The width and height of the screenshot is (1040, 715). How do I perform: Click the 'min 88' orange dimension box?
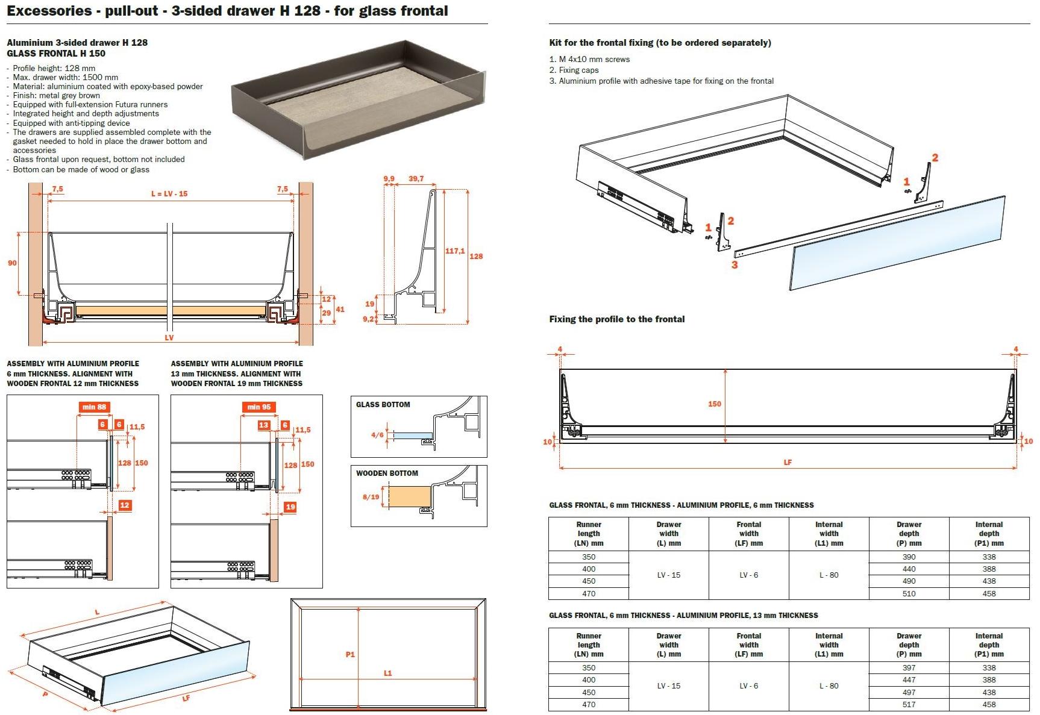94,407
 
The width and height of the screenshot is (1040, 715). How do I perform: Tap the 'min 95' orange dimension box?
258,407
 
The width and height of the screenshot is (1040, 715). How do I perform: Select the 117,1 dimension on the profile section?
454,251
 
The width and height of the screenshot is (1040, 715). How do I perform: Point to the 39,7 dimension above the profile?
416,179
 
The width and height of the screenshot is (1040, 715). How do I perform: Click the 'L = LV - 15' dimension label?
169,194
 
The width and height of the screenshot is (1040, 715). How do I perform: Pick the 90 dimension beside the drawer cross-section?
12,263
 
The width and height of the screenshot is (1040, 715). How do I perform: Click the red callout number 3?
735,264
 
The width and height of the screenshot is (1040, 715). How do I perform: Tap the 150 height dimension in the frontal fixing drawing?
715,404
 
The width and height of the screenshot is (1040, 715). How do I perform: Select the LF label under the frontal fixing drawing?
788,463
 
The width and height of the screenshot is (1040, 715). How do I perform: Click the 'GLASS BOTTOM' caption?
383,405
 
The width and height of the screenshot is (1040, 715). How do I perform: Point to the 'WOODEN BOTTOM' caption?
387,473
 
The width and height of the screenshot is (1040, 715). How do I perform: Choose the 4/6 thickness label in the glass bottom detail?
377,435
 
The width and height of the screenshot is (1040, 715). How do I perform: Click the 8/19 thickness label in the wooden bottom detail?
371,497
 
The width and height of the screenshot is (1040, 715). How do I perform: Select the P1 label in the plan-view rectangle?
350,655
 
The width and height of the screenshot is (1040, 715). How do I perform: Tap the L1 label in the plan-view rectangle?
388,673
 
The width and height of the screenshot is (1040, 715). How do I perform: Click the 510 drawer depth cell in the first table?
909,594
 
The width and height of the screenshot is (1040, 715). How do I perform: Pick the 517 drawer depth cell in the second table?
909,705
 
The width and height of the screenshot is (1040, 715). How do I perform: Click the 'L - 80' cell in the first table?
829,575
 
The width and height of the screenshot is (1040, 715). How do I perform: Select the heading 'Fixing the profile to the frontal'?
616,319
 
